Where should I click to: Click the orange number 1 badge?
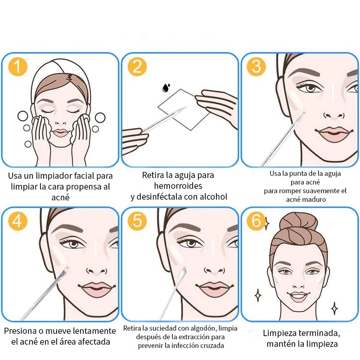tap(18, 67)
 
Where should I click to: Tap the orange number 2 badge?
tap(137, 67)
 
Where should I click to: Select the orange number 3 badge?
tap(256, 67)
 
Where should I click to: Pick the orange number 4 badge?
tap(18, 221)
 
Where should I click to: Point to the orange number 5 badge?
tap(137, 221)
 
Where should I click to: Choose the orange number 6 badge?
tap(256, 221)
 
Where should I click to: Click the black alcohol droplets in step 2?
tap(166, 88)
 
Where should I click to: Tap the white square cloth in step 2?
tap(184, 109)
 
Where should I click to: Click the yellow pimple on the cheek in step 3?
tap(304, 113)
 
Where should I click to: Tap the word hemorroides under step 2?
tap(178, 186)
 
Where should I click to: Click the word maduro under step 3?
tap(316, 199)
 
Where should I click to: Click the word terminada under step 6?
tap(321, 333)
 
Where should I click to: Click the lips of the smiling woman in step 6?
tap(297, 297)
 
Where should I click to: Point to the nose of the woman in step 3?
tap(334, 115)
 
